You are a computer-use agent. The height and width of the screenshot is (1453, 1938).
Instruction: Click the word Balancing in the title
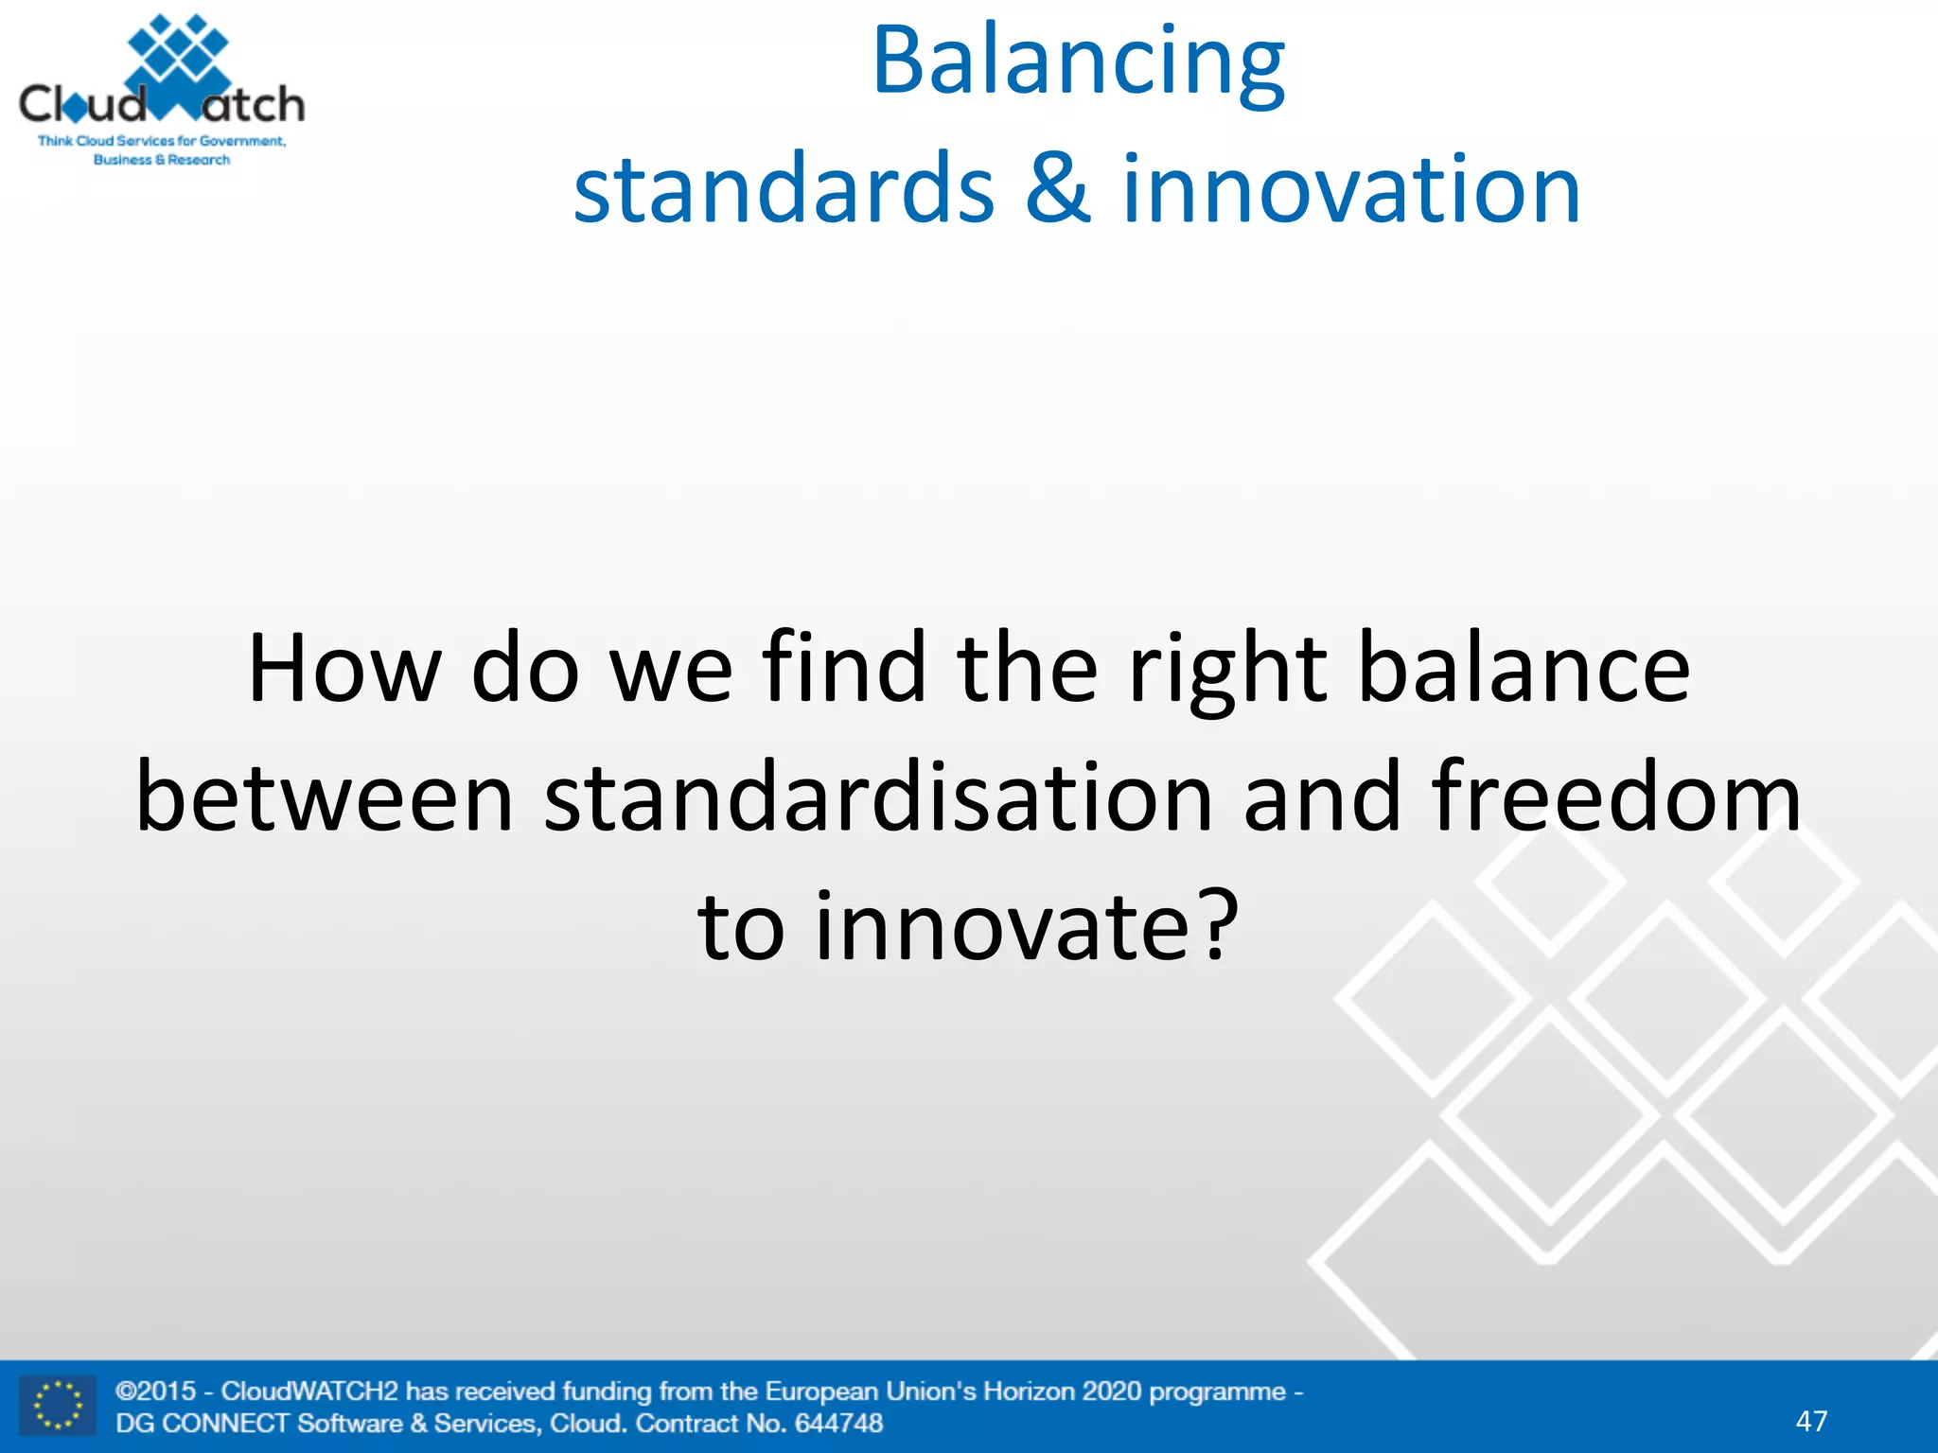(1077, 62)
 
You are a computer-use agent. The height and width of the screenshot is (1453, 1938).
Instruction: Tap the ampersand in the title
(1057, 188)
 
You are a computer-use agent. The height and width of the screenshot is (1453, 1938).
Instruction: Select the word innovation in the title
(1351, 188)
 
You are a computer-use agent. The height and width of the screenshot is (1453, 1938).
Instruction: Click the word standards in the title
(784, 188)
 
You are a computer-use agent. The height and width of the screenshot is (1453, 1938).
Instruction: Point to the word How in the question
(344, 669)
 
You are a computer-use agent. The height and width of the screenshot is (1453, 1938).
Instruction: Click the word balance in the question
(1524, 669)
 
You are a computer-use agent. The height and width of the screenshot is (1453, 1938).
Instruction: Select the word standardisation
(878, 797)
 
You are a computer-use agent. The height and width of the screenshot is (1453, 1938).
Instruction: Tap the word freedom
(1616, 797)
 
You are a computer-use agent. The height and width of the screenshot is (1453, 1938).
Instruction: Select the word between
(325, 797)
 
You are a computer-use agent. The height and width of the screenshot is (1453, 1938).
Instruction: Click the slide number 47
(1811, 1421)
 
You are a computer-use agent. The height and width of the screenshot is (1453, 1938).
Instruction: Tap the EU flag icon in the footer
(58, 1406)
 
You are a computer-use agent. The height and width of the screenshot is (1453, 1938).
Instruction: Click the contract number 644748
(838, 1423)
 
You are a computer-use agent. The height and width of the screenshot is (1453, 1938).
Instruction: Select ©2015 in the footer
(155, 1392)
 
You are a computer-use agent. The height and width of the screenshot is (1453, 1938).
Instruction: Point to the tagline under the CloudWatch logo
(162, 150)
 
